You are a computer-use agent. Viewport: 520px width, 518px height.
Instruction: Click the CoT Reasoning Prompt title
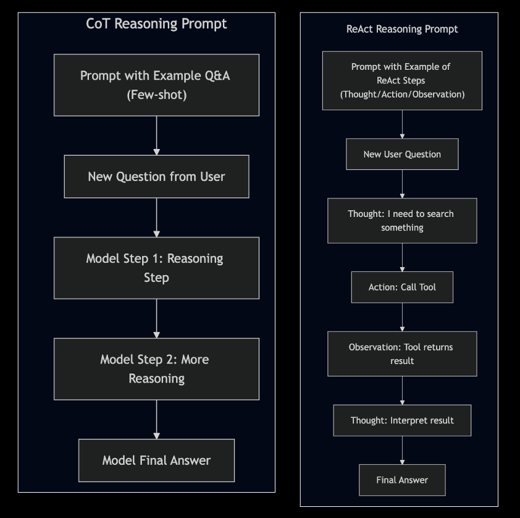coord(156,24)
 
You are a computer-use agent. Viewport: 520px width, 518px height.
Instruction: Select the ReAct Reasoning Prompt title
coord(402,29)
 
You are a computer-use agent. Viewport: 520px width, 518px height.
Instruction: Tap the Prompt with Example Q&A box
coord(156,85)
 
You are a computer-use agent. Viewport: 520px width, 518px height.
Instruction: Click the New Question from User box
coord(156,177)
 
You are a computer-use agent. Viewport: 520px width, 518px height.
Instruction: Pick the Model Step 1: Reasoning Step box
coord(156,268)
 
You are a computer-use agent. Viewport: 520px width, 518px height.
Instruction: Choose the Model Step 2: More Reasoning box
coord(156,368)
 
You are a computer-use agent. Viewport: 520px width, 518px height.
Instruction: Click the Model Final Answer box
coord(156,461)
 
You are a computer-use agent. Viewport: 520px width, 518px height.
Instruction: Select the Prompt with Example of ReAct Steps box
coord(402,80)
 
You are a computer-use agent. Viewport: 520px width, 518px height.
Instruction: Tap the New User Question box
coord(402,154)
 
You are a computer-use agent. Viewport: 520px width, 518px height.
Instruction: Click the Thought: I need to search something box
coord(402,221)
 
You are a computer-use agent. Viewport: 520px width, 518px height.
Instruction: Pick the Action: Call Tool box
coord(402,287)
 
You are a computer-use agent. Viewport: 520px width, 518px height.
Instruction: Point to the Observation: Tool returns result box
coord(402,354)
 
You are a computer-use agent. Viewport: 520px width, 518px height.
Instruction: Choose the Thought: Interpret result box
coord(402,420)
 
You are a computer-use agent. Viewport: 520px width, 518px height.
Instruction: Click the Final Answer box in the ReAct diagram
coord(402,480)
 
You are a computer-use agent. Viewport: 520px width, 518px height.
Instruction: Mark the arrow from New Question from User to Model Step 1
coord(156,218)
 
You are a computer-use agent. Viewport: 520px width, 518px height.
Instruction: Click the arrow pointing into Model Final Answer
coord(156,420)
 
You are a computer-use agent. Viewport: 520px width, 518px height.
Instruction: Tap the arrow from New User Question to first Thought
coord(402,184)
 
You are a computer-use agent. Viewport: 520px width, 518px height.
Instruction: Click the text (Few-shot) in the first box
coord(156,95)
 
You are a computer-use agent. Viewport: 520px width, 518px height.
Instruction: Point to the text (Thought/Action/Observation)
coord(402,94)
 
